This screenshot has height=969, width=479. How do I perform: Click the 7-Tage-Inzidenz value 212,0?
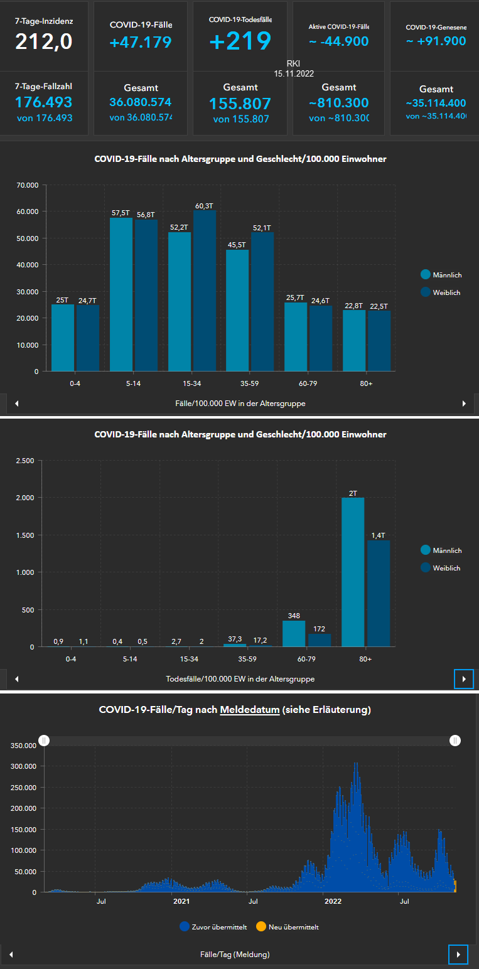(44, 41)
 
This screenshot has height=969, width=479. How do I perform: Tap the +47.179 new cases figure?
(140, 42)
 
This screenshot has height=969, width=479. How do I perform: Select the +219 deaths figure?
(240, 41)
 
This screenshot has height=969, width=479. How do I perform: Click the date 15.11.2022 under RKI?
(293, 73)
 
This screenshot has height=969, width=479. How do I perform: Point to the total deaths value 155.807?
(240, 104)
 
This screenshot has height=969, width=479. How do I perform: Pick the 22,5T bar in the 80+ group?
(379, 340)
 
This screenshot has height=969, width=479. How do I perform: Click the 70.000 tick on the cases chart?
(28, 185)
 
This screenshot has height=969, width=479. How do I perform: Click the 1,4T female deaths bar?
(379, 593)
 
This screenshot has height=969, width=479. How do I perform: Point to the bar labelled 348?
(294, 633)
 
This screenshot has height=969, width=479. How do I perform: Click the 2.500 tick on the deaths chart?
(24, 461)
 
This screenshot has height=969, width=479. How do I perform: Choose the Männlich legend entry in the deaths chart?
(446, 550)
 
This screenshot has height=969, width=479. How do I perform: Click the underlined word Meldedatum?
(249, 710)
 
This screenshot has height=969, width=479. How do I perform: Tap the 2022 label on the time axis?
(333, 902)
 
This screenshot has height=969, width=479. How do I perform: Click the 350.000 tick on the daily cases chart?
(23, 745)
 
